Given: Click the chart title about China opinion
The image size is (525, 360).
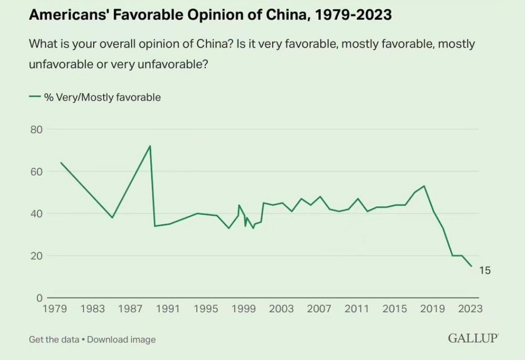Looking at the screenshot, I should click(x=210, y=15).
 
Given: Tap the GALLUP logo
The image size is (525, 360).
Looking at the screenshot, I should click(x=473, y=338).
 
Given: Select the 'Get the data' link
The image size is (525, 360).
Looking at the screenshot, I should click(x=54, y=339).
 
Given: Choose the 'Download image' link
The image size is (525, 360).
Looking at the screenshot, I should click(x=121, y=339).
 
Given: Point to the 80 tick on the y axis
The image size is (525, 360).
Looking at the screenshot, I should click(x=36, y=130).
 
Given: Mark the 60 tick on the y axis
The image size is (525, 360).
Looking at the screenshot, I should click(x=36, y=172).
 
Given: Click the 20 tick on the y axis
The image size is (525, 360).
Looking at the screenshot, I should click(x=36, y=256).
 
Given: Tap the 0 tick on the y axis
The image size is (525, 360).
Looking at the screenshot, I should click(x=39, y=298).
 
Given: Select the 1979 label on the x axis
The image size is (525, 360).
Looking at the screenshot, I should click(x=54, y=309).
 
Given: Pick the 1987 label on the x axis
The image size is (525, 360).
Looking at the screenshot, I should click(x=131, y=309).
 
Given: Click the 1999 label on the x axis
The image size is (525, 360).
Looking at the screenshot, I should click(x=244, y=309).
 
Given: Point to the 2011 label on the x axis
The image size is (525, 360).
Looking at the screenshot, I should click(x=358, y=309).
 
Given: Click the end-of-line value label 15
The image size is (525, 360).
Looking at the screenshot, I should click(x=485, y=271).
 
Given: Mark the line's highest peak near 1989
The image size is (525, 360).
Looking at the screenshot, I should click(x=150, y=146).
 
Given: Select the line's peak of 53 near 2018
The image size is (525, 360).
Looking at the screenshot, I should click(x=424, y=186).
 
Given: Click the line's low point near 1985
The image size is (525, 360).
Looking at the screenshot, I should click(x=112, y=218).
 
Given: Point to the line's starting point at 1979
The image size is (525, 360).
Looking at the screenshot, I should click(x=60, y=162).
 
